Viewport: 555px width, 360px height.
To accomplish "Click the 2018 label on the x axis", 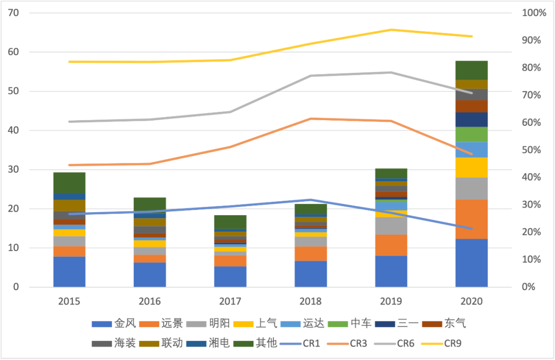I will [x=311, y=301].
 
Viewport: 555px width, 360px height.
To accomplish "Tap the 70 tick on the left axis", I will [x=13, y=13].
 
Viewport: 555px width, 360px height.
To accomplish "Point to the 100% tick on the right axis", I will [x=534, y=13].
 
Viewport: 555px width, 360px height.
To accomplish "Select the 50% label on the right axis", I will [x=531, y=150].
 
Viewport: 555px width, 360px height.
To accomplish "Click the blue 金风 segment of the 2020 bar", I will [x=471, y=263].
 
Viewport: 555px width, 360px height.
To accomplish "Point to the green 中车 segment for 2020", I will [x=471, y=135].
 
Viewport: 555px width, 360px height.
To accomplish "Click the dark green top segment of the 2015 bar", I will [x=69, y=182].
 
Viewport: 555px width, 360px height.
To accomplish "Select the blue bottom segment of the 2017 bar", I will [x=230, y=277].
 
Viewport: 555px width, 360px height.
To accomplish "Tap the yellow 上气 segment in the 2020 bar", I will [x=471, y=167].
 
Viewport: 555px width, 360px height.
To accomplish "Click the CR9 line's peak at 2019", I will [x=391, y=30].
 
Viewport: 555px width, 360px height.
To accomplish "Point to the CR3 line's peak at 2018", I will [x=311, y=119].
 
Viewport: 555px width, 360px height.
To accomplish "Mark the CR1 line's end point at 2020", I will [x=471, y=229].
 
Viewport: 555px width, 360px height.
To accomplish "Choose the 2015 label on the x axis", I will [x=69, y=301].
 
